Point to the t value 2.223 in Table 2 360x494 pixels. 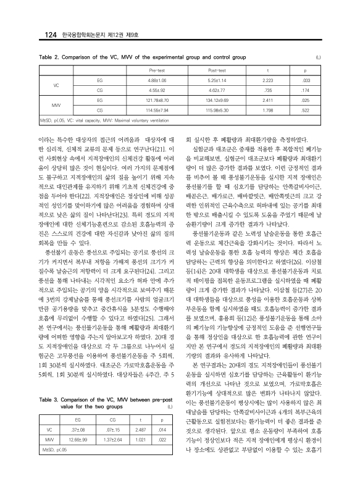click(x=268, y=80)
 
